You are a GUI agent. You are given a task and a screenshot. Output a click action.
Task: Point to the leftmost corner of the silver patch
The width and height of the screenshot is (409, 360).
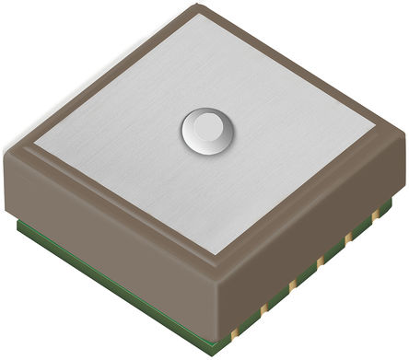35,145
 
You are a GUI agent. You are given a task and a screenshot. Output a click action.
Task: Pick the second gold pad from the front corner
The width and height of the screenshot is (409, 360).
263,306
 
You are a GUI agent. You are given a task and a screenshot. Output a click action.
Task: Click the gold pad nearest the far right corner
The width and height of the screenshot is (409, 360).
376,215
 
